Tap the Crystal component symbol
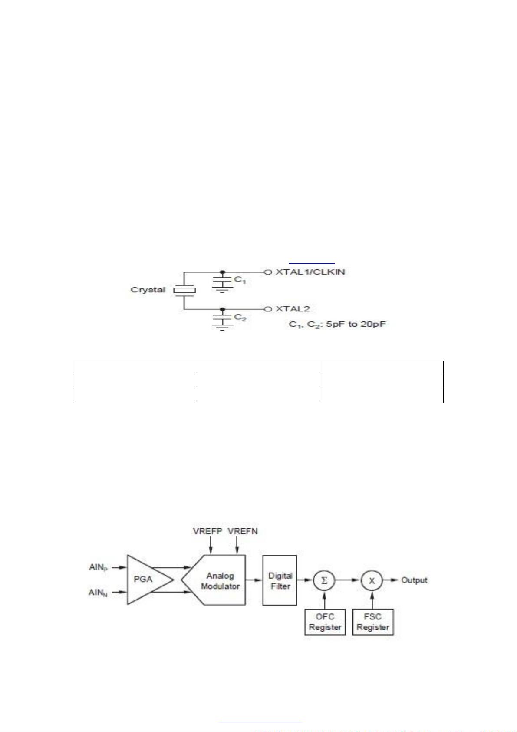(184, 290)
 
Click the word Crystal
(148, 290)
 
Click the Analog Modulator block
(219, 580)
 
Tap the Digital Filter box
(280, 580)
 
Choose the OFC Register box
(325, 622)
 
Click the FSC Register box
(373, 622)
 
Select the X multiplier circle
(372, 580)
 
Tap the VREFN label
(243, 531)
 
